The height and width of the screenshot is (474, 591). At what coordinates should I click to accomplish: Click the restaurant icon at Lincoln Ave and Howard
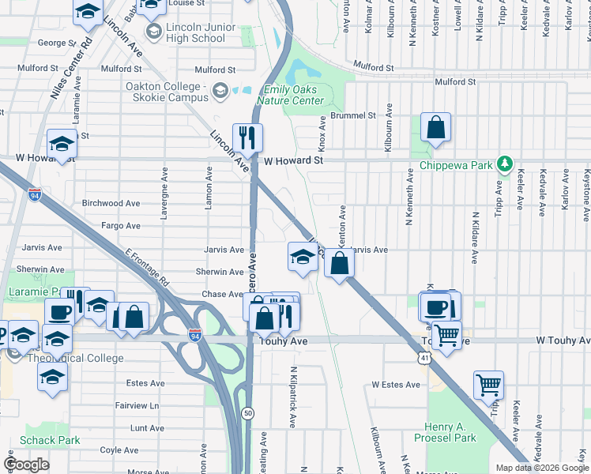(247, 137)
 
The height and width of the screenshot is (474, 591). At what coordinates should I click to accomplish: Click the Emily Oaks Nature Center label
(294, 95)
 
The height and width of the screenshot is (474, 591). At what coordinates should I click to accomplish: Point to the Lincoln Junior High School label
(196, 32)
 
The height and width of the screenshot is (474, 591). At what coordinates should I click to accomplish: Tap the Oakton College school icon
(220, 92)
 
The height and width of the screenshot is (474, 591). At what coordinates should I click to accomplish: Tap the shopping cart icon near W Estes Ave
(488, 386)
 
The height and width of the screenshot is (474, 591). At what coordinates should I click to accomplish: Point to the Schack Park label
(50, 440)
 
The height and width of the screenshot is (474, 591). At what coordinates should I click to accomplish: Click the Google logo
(27, 465)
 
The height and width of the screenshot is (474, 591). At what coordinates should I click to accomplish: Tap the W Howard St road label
(294, 160)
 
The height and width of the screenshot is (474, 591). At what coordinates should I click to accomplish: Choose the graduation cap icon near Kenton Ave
(302, 256)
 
